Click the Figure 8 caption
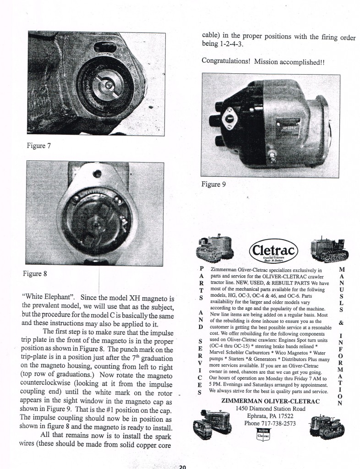tap(35, 274)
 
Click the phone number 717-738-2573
tap(270, 423)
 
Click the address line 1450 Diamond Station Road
tap(270, 409)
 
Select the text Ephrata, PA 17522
tap(270, 416)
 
